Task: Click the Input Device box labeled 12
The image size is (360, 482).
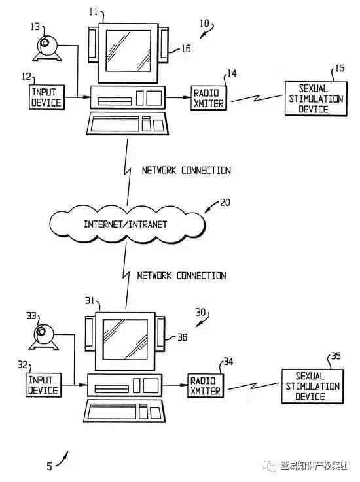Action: pos(47,97)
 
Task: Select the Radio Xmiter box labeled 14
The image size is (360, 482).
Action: pos(209,98)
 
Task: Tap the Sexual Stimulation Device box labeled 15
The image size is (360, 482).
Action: pos(316,99)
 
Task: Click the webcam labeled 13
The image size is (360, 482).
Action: pos(47,48)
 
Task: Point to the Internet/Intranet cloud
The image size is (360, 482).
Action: pos(127,224)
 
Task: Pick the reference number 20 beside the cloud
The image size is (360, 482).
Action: pos(225,203)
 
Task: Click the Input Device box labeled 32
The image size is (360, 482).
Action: pos(44,385)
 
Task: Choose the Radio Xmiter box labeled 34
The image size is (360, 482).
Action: pos(206,386)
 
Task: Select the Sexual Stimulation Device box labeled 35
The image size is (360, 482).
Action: pos(313,387)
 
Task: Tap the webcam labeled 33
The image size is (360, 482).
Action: pos(44,337)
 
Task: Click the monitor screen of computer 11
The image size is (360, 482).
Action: pos(128,51)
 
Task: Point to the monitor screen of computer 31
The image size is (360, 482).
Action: pos(125,339)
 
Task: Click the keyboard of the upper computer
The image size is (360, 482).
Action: pos(128,124)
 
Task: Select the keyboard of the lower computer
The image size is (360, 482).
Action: pos(124,411)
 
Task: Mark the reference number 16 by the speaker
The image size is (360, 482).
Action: pos(185,48)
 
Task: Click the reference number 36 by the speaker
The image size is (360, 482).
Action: pos(182,337)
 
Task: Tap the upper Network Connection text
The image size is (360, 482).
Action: pos(186,170)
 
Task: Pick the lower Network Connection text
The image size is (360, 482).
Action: pos(181,275)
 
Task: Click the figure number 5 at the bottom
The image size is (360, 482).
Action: pos(49,466)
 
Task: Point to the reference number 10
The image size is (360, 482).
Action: pos(204,24)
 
